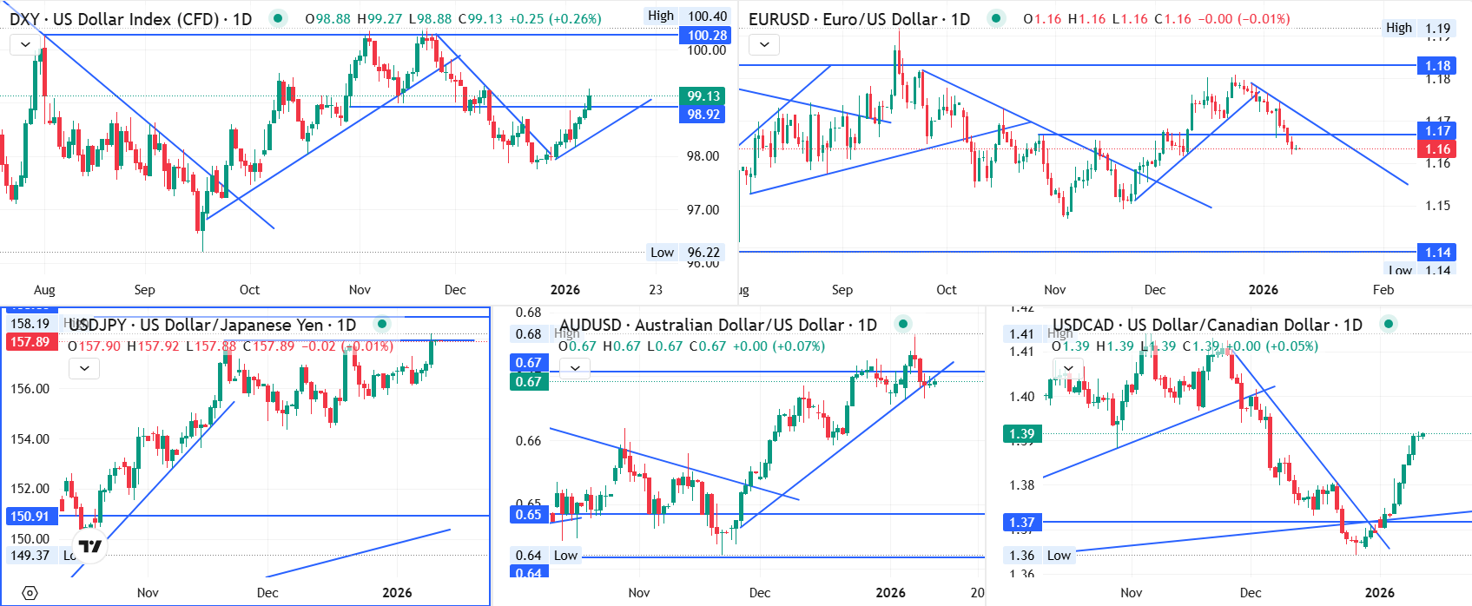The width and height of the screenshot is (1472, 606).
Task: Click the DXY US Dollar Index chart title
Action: [130, 19]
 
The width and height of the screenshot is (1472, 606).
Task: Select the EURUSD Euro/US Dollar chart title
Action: [859, 19]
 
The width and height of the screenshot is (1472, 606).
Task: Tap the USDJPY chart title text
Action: [212, 325]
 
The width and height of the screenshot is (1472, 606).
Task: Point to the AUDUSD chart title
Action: [717, 325]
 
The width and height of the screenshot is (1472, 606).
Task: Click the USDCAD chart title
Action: [1207, 325]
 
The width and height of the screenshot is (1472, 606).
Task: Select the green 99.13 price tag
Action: [703, 96]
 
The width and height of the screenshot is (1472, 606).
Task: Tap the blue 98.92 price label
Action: [703, 115]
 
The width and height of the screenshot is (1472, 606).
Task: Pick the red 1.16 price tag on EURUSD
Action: [1437, 149]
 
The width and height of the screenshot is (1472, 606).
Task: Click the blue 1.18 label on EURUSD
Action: [1437, 66]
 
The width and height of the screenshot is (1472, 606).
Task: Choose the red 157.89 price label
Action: [30, 342]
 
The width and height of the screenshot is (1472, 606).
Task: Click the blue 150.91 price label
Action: [30, 517]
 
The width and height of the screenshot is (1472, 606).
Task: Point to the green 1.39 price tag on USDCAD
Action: [1022, 434]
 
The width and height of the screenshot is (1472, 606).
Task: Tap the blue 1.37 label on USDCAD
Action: [1022, 523]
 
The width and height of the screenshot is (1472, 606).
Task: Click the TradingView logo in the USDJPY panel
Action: [90, 547]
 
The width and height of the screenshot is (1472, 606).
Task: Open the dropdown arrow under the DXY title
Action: [25, 43]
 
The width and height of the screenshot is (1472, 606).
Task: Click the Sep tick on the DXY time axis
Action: [144, 290]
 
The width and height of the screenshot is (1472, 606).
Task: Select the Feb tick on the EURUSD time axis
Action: [1383, 290]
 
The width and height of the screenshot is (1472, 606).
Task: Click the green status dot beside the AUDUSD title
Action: [903, 325]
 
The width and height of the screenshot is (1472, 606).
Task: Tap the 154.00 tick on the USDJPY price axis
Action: [30, 439]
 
